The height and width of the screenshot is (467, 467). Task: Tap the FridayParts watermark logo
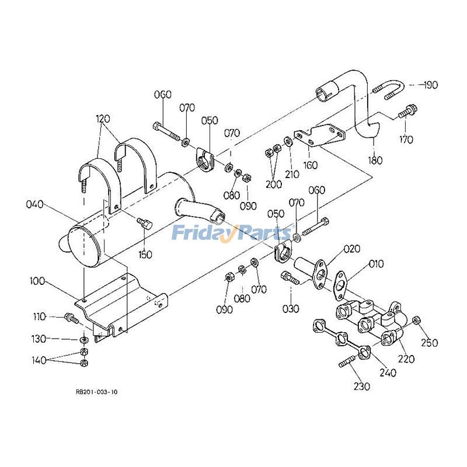[231, 233]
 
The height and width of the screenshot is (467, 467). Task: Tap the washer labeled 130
[84, 339]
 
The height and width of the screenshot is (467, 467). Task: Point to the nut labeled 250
[416, 320]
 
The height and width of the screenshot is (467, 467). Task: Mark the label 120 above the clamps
[103, 119]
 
